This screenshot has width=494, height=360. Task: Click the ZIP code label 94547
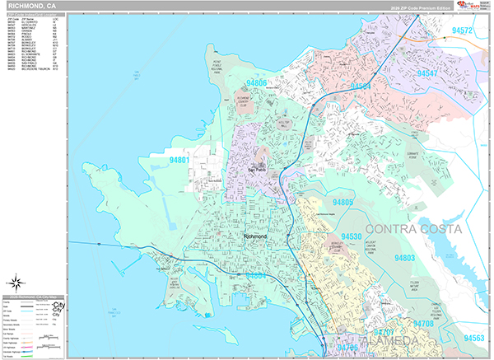click(x=434, y=74)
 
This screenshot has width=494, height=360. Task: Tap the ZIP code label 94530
click(x=350, y=236)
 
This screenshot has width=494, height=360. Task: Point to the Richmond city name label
click(x=256, y=236)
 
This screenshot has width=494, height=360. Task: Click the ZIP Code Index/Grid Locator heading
click(x=33, y=16)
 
